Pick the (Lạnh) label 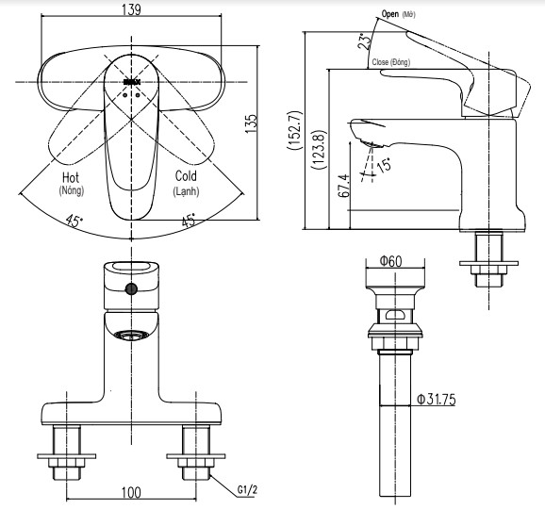pos(187,191)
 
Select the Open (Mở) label pos(397,15)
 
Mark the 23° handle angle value pos(363,41)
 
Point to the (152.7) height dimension pos(293,131)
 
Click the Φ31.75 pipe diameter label pos(437,400)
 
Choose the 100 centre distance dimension pos(130,492)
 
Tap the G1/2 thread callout pos(248,490)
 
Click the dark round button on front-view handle pos(131,288)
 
